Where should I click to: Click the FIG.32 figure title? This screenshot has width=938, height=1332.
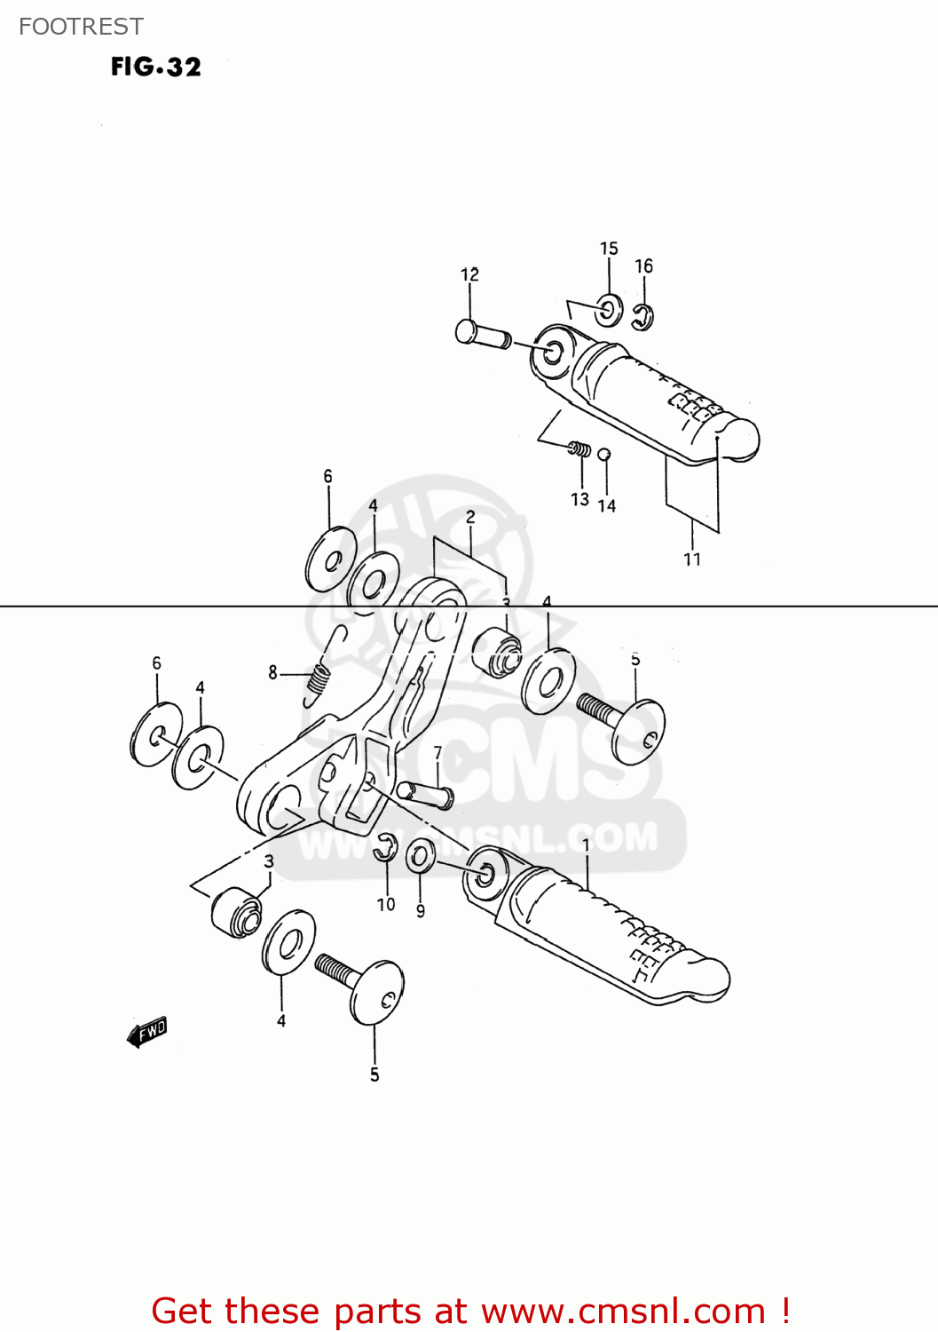click(x=156, y=67)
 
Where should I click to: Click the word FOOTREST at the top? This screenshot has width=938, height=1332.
click(x=81, y=27)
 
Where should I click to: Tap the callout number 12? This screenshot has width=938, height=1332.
click(x=469, y=274)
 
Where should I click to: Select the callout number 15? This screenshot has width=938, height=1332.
click(x=609, y=249)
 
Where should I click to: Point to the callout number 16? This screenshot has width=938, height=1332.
click(x=643, y=266)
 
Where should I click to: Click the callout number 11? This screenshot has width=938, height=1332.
click(x=692, y=559)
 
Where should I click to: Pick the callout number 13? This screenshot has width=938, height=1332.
click(x=579, y=499)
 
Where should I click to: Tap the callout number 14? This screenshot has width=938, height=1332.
click(x=607, y=505)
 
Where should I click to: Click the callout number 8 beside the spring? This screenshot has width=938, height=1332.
click(x=273, y=673)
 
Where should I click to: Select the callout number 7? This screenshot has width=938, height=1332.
click(x=437, y=753)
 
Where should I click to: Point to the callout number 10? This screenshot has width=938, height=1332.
click(x=386, y=904)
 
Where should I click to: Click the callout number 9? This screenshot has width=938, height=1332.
click(x=421, y=910)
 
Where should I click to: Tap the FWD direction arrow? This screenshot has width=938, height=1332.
click(x=147, y=1032)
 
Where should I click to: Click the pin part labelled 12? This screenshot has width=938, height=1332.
click(x=482, y=335)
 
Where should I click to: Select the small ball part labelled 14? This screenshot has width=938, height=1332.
click(x=604, y=456)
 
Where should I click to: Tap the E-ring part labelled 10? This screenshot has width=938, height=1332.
click(x=385, y=848)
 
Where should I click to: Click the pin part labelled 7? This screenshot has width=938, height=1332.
click(x=426, y=793)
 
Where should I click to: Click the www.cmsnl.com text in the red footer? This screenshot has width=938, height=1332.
click(x=623, y=1311)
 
